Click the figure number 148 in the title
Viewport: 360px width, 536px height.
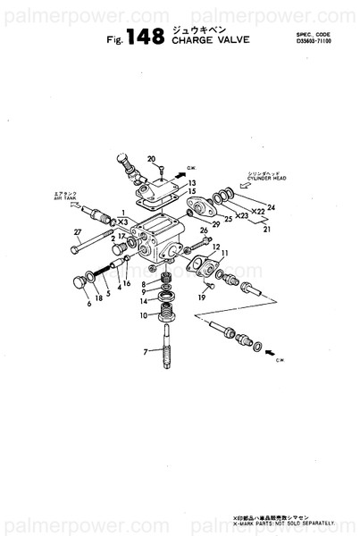click(x=146, y=37)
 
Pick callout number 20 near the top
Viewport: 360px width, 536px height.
click(x=151, y=159)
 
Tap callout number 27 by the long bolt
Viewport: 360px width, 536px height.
click(x=78, y=233)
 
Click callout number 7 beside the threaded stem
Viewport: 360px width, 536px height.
click(x=146, y=352)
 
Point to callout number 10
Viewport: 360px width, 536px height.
click(x=144, y=314)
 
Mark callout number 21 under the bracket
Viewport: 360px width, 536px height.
click(x=265, y=229)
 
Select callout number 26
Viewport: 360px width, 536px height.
click(x=204, y=231)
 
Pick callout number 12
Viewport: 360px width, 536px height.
click(x=216, y=246)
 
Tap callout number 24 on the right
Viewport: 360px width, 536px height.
click(x=272, y=207)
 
